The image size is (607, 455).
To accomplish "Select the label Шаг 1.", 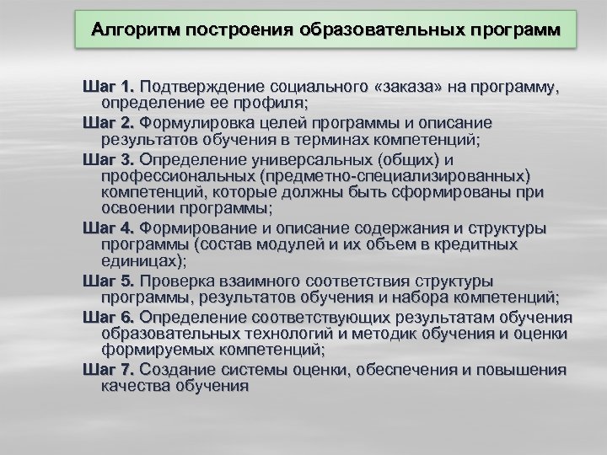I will pos(109,87).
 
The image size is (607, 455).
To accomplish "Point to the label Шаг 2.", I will pos(109,121).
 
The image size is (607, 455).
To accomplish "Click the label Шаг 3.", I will pos(109,158).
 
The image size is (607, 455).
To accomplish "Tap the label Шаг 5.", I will pos(109,281).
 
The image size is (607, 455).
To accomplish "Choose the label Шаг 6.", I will pos(109,317).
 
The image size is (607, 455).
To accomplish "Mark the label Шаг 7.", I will pos(109,370).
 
